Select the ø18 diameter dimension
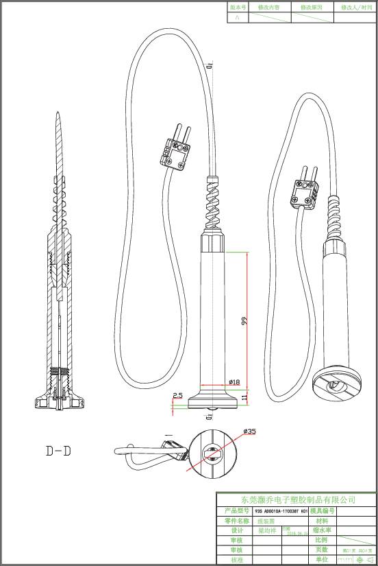pyautogui.click(x=233, y=382)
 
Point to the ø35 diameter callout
pyautogui.click(x=249, y=431)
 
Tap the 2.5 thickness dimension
pyautogui.click(x=177, y=395)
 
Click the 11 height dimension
pyautogui.click(x=244, y=397)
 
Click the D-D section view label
pyautogui.click(x=59, y=451)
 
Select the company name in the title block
pyautogui.click(x=295, y=499)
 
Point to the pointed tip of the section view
pyautogui.click(x=58, y=117)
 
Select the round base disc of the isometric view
pyautogui.click(x=334, y=385)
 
